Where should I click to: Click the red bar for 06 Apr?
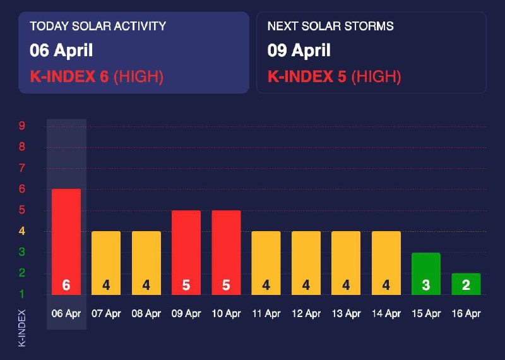coord(66,240)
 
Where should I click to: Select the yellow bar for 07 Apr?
coord(106,262)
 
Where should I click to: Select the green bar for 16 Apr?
coord(466,284)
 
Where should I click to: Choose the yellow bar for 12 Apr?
coord(306,262)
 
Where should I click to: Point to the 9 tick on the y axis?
coord(22,126)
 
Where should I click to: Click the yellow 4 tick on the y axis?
coord(22,231)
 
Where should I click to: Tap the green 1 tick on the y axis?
coord(22,294)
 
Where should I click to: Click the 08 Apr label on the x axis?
coord(146,313)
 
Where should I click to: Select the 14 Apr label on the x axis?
coord(386,313)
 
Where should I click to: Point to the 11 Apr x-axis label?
coord(266,313)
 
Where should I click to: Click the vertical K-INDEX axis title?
coord(22,327)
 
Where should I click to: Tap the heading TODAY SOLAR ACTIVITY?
coord(98,27)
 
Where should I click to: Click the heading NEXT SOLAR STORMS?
coord(331,27)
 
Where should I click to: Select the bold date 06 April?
coord(61,49)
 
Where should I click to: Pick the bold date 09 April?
coord(299,49)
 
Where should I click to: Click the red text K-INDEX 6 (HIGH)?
coord(97,77)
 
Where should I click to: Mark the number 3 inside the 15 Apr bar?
coord(426,285)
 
